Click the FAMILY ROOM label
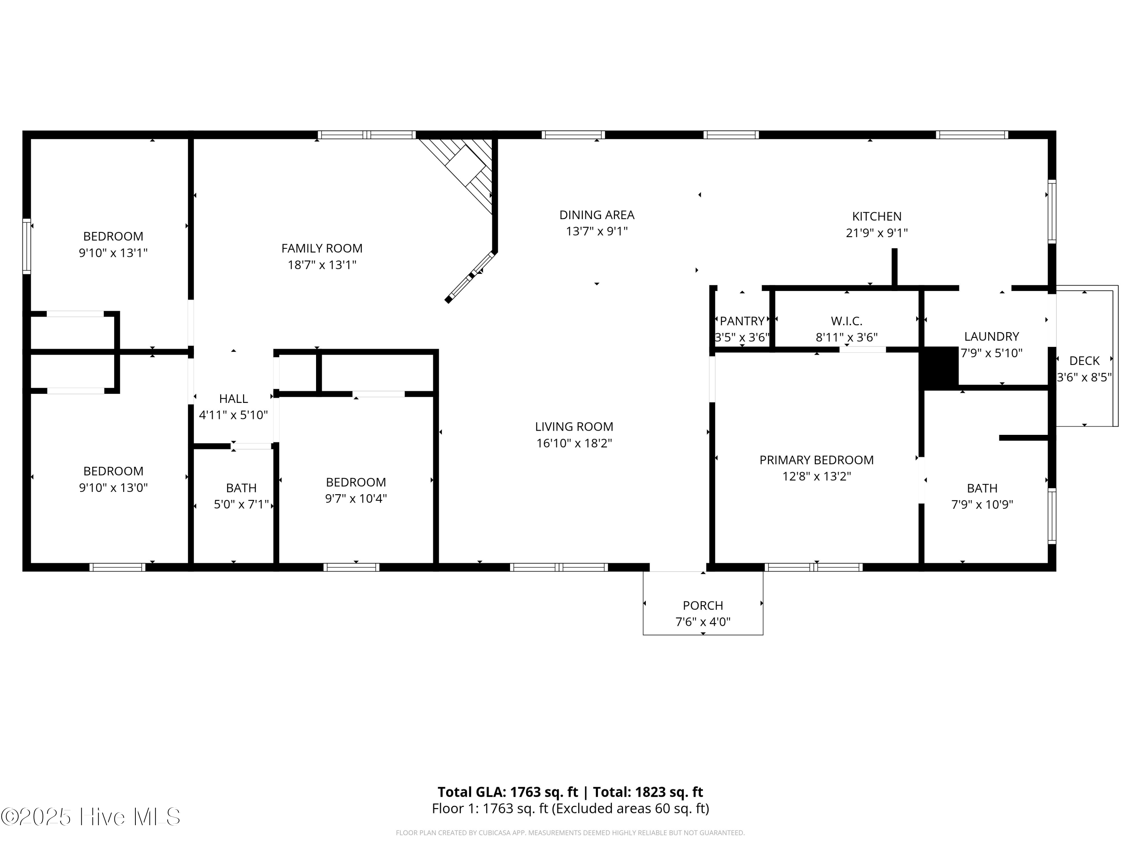pos(321,248)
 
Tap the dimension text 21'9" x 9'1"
pos(876,233)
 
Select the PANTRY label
pos(742,321)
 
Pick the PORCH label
pos(702,605)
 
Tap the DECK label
pos(1084,361)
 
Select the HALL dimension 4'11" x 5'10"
pos(233,415)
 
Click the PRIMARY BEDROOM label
pos(816,460)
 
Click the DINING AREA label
pos(597,215)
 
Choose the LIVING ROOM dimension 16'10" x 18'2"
pos(574,443)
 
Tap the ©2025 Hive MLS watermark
pos(91,817)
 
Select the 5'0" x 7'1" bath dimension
pos(241,504)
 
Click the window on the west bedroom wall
pos(26,246)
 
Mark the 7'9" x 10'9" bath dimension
pos(982,504)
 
